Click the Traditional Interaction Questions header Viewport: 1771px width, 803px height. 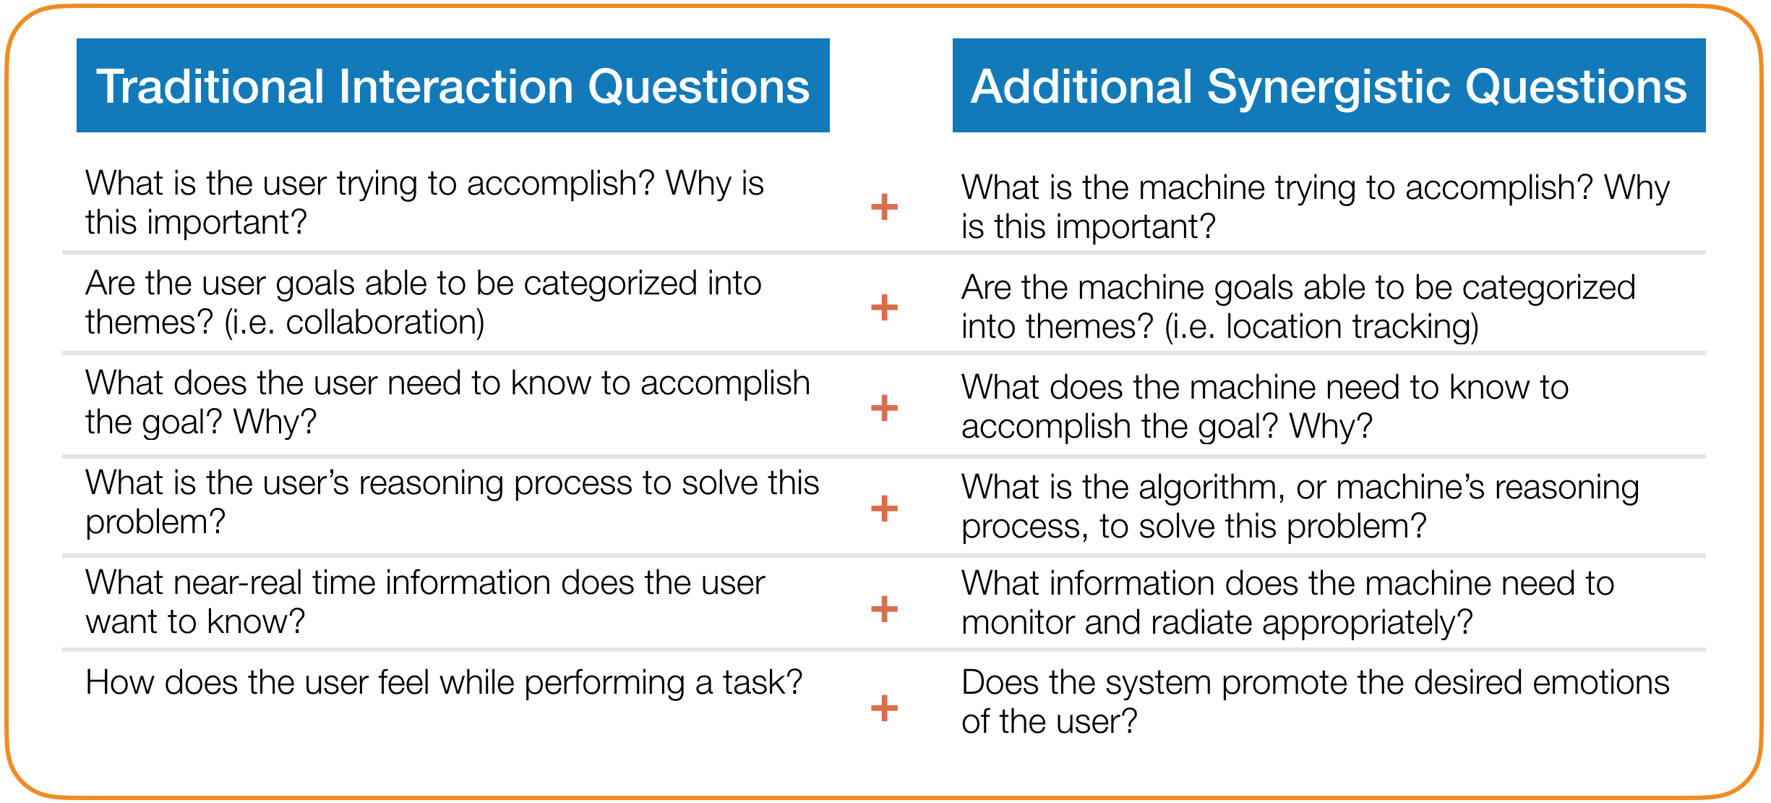[x=453, y=86]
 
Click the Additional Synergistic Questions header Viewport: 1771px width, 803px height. [x=1329, y=86]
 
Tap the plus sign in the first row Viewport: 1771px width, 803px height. [x=883, y=207]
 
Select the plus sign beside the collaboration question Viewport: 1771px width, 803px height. [x=883, y=307]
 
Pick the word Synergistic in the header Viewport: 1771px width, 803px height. [x=1328, y=88]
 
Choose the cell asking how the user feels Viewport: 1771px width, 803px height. [x=444, y=683]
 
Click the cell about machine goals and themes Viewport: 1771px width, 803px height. [x=1298, y=307]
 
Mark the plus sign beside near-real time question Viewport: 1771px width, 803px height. [x=883, y=608]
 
